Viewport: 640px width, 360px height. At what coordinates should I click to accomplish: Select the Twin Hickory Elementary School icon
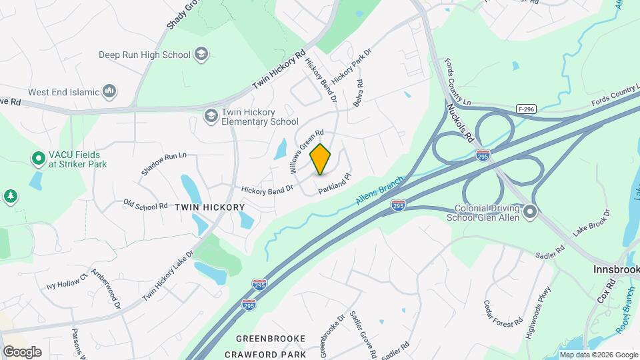tap(211, 117)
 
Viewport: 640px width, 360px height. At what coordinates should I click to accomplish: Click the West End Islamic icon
tap(110, 91)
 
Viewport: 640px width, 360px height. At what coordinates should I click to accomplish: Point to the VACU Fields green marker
tap(38, 159)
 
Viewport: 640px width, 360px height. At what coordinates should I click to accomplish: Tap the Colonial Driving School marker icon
tap(531, 213)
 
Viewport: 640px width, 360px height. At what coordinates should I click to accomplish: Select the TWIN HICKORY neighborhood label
tap(209, 207)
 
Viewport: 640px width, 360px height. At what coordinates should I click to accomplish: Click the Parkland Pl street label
tap(334, 185)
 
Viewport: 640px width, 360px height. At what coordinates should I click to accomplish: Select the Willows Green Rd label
tap(307, 151)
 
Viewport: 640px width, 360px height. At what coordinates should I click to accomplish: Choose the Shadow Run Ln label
tap(163, 163)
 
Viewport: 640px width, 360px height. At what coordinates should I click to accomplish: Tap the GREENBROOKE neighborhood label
tap(270, 339)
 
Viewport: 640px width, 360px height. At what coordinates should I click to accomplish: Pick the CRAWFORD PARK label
tap(265, 355)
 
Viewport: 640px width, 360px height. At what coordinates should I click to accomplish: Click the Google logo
tap(22, 352)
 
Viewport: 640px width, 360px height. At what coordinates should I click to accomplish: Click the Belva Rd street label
tap(359, 93)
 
